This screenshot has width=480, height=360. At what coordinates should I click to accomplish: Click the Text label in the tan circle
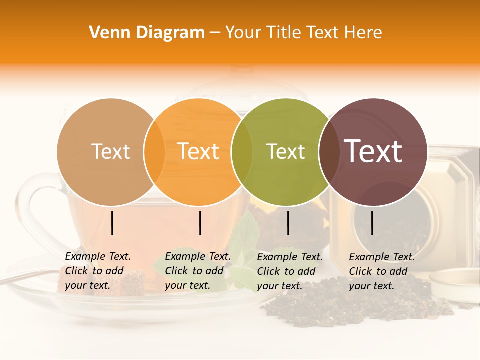(111, 151)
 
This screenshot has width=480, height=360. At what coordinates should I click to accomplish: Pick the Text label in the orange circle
(198, 151)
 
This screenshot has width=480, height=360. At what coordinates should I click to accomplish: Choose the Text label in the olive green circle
(285, 151)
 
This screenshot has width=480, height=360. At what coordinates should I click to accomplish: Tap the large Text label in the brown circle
(373, 151)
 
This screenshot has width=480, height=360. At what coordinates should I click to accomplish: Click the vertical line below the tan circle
(112, 223)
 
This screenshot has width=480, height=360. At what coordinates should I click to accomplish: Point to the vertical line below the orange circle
(200, 223)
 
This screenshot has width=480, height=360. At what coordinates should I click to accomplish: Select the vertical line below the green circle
(288, 223)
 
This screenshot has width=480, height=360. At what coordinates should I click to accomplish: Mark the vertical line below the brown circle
(372, 223)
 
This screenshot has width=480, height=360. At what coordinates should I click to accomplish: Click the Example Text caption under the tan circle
(97, 271)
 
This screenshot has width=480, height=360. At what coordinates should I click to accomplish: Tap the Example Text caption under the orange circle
(197, 271)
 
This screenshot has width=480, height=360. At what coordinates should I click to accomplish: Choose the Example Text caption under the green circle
(289, 271)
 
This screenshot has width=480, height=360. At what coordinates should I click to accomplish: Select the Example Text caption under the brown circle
(381, 271)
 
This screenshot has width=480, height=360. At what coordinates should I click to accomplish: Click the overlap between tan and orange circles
(154, 152)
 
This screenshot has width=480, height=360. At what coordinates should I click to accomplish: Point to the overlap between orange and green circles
(242, 152)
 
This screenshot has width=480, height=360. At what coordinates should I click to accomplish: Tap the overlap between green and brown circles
(328, 152)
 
